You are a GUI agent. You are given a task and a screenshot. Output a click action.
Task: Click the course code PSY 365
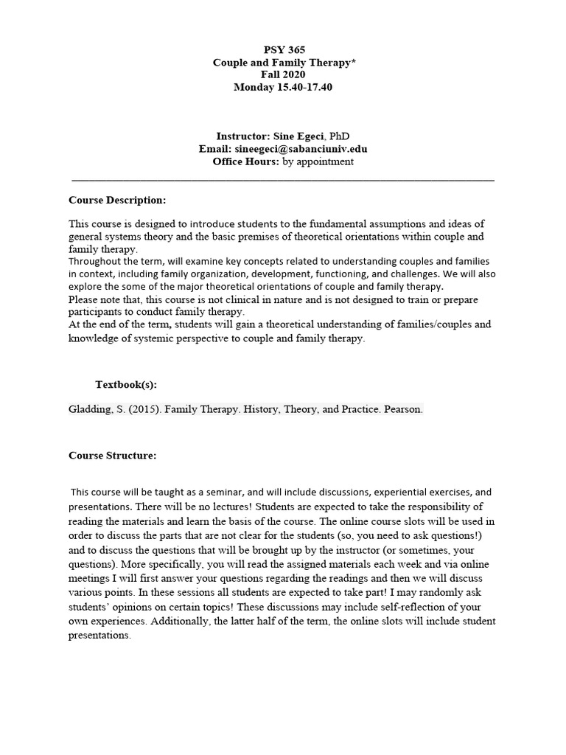[x=283, y=50]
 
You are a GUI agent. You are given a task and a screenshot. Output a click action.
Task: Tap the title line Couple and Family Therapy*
[x=283, y=63]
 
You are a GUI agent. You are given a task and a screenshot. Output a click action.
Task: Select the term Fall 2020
[x=283, y=74]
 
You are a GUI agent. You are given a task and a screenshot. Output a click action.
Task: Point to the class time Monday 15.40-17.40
[x=283, y=87]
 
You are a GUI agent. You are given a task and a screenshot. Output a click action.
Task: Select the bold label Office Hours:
[x=245, y=161]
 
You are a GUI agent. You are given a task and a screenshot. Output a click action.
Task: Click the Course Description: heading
[x=117, y=200]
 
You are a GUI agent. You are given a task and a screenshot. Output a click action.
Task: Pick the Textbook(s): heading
[x=126, y=385]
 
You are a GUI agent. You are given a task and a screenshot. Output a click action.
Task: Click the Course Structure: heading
[x=112, y=455]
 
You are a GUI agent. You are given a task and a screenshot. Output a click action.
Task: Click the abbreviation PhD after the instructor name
[x=340, y=136]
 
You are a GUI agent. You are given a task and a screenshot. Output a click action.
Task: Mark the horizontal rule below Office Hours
[x=283, y=179]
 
